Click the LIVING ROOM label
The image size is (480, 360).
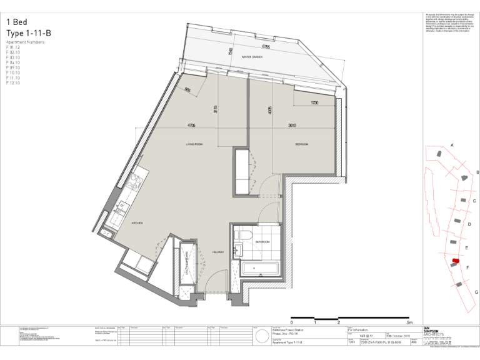coord(194,144)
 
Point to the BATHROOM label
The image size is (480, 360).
coord(261,242)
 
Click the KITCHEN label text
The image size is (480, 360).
coord(137,223)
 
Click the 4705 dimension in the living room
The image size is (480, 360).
coord(191,126)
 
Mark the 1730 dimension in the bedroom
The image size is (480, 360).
coord(314,102)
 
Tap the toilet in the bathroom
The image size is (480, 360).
coord(240,235)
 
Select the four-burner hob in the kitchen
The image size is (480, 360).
coord(134,182)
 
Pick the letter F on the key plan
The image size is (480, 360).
coord(467,267)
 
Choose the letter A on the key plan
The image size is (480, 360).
coord(452,145)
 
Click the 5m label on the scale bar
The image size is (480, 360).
coord(408,322)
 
